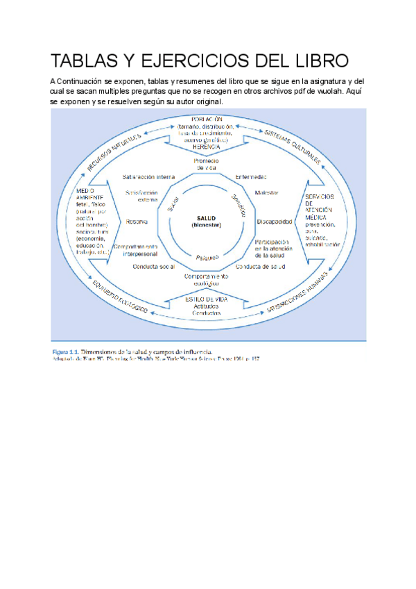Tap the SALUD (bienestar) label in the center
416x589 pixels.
[207, 221]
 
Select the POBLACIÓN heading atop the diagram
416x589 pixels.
[206, 119]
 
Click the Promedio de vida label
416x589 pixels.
[206, 164]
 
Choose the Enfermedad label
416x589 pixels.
[251, 176]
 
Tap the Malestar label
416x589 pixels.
[267, 192]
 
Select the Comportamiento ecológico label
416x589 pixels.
[207, 279]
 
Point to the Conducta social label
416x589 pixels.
[153, 266]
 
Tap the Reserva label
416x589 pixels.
[135, 222]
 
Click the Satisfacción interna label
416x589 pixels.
[148, 176]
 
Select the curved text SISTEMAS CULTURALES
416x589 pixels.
[292, 147]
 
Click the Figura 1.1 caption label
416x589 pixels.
[66, 351]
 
